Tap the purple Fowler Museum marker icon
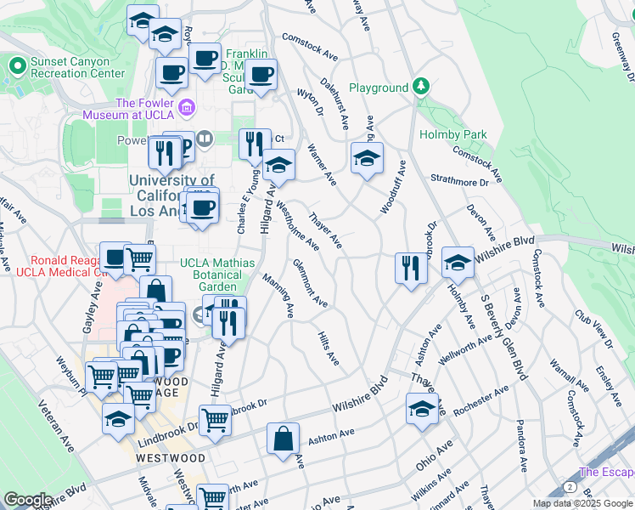point(187,108)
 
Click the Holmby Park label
point(452,134)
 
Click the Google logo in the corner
point(28,500)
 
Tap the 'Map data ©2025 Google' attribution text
point(581,503)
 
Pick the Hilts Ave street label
point(329,348)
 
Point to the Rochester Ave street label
point(480,401)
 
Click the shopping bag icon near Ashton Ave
point(283,439)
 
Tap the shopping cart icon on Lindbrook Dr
point(216,419)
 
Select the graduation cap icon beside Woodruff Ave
point(367,159)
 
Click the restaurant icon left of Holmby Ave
point(410,269)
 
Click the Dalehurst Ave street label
point(334,104)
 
